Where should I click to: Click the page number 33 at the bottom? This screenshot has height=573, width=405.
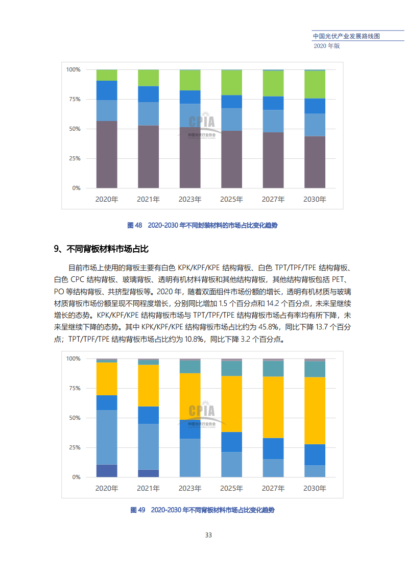(208, 535)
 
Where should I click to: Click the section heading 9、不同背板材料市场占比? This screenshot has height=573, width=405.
(101, 249)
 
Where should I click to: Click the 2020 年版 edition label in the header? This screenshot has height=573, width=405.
(327, 45)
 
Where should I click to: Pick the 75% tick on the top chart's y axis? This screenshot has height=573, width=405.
(74, 99)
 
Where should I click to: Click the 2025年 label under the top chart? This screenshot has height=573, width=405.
(231, 199)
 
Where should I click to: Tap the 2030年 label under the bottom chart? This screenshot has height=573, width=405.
(315, 488)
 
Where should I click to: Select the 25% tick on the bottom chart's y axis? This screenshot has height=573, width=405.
(74, 447)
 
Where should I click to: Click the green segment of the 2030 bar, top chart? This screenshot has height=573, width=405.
(315, 84)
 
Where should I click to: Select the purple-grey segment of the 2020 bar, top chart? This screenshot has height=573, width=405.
(107, 154)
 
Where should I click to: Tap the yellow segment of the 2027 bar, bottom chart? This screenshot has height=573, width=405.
(273, 407)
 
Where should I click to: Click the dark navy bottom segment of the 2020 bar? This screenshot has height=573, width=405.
(107, 470)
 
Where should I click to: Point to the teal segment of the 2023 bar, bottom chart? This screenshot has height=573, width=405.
(189, 367)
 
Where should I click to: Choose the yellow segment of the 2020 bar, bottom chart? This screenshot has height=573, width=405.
(107, 378)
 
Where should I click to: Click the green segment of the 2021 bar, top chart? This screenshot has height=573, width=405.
(148, 78)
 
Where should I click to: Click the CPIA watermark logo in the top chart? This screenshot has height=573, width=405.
(202, 123)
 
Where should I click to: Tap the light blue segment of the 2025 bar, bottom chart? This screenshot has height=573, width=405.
(231, 464)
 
